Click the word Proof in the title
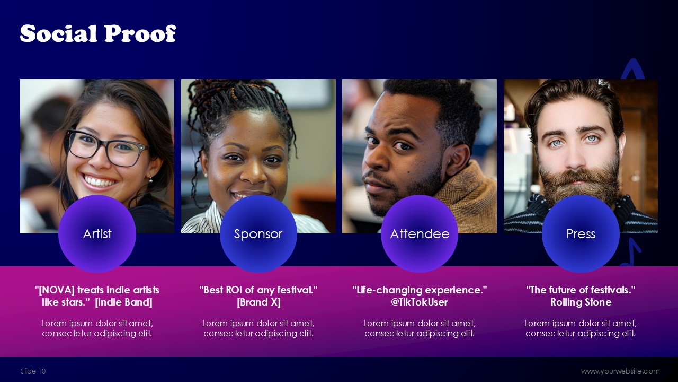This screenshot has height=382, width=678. click(x=140, y=33)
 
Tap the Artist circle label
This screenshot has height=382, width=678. click(x=97, y=234)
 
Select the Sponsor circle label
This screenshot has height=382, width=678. click(x=258, y=234)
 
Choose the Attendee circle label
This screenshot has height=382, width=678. click(x=420, y=234)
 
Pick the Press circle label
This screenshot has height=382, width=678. click(x=581, y=234)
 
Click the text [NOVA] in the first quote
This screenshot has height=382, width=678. click(x=57, y=290)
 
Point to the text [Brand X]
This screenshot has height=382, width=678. click(x=258, y=302)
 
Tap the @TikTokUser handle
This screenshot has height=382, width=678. click(x=419, y=302)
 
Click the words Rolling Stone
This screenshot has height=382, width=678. click(x=581, y=302)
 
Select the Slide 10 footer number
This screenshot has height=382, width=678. click(x=33, y=371)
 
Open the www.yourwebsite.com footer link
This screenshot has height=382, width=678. click(x=620, y=371)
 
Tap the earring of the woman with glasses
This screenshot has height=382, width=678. click(x=151, y=180)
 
